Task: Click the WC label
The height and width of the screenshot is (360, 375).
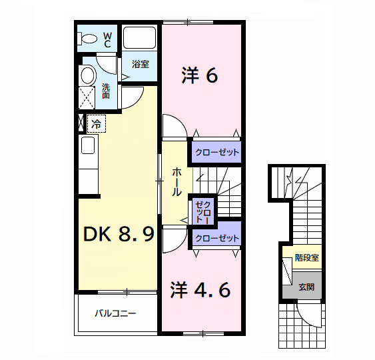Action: point(107,40)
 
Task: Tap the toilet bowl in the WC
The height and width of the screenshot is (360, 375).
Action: point(87,38)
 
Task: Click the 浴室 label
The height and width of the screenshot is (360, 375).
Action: point(141,64)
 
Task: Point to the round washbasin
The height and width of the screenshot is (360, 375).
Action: point(88,75)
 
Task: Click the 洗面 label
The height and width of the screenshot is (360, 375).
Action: point(106,91)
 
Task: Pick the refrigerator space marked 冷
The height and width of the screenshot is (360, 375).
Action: point(96,123)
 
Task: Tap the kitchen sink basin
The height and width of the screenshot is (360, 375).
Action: point(88,145)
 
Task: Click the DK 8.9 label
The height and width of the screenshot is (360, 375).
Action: point(119,234)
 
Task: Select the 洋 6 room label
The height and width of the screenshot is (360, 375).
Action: point(200,75)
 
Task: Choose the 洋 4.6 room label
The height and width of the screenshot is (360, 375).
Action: point(200,290)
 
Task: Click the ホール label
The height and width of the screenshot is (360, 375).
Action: point(177,182)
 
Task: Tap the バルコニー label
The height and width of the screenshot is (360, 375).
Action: point(115,313)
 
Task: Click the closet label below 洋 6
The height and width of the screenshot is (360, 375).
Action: point(217,152)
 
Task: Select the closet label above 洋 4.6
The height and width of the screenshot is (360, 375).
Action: point(217,238)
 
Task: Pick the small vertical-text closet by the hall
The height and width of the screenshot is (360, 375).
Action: point(203,212)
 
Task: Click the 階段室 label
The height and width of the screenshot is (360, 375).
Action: point(307,258)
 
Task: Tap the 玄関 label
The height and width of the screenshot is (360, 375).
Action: point(306,287)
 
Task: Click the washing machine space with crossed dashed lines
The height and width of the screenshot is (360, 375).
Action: point(87,98)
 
